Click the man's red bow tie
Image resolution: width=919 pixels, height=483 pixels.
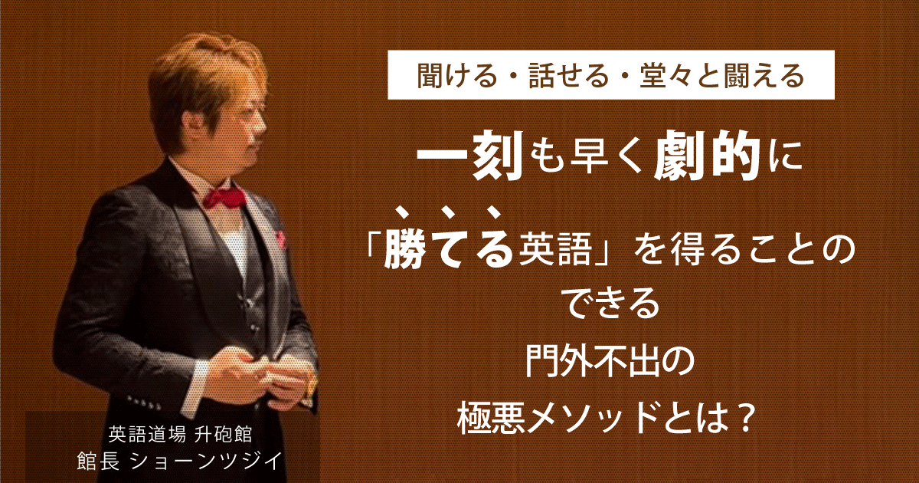pos(225,195)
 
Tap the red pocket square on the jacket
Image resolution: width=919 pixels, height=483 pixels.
pos(280,237)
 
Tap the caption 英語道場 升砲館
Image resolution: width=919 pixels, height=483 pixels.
pos(180,435)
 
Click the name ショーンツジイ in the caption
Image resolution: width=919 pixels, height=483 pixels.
pos(204,462)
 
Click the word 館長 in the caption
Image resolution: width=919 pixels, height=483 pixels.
pos(97,462)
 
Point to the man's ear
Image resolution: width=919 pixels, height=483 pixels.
pos(192,122)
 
